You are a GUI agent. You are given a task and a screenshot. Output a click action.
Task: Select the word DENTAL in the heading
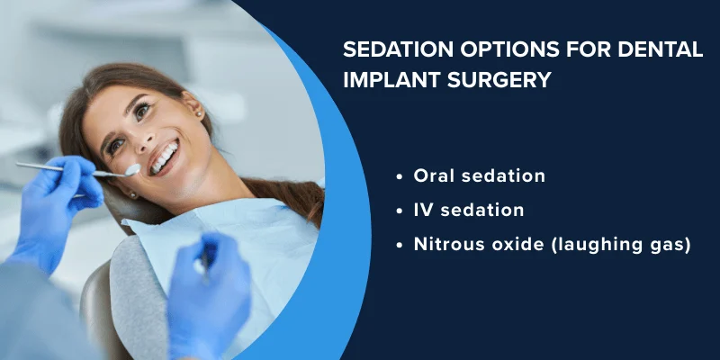[x=660, y=50]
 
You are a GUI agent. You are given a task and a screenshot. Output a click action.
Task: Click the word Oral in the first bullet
[x=434, y=176]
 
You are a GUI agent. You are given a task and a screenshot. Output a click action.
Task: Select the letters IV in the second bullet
[x=423, y=211]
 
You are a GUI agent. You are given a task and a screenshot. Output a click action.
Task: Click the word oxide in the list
[x=511, y=245]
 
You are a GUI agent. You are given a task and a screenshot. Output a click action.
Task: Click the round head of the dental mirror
[x=133, y=169]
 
